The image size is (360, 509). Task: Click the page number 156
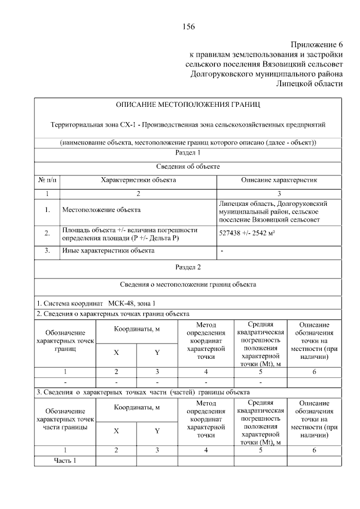[188, 26]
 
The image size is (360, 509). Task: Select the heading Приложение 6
[316, 44]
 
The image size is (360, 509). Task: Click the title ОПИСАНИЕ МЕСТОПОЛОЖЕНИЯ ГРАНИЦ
[188, 105]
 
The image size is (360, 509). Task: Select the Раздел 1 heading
[188, 152]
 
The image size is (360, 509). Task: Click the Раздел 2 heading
[188, 267]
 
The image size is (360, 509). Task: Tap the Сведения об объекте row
[188, 166]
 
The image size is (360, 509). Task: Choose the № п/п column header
[47, 180]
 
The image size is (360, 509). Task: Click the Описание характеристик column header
[279, 180]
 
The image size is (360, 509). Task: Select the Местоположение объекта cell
[101, 210]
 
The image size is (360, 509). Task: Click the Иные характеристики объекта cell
[108, 250]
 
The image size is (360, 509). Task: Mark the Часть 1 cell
[65, 461]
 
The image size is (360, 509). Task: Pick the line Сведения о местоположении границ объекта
[188, 285]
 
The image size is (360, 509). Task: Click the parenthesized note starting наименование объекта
[188, 142]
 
